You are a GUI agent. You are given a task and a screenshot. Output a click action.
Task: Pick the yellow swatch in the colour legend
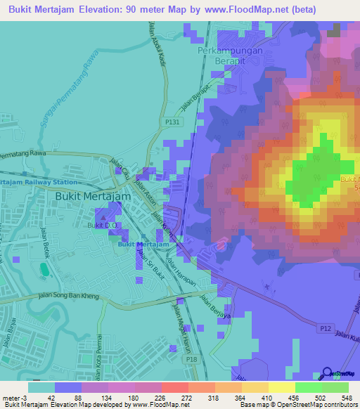tap(281, 387)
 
